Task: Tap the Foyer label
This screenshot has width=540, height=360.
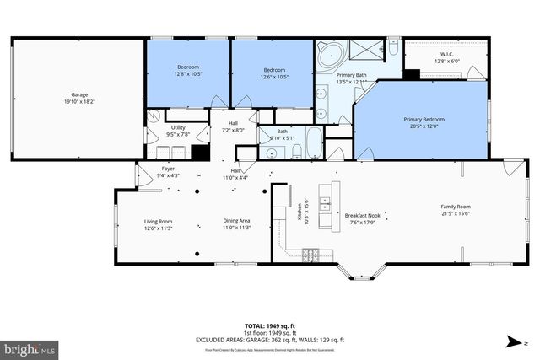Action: coord(168,172)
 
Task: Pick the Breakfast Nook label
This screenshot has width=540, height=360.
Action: coord(360,218)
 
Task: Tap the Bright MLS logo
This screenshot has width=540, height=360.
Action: coord(30,347)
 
